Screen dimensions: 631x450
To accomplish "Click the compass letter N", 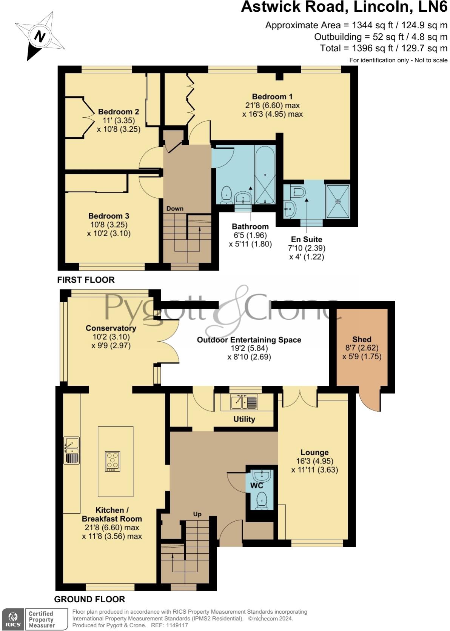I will [40, 36].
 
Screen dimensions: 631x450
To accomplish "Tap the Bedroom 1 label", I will [272, 97].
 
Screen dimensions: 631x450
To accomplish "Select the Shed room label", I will [362, 339].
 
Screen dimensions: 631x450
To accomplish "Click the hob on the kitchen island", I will [112, 461].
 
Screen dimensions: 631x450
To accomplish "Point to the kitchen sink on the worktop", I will [72, 446].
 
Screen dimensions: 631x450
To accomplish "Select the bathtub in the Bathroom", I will [265, 175].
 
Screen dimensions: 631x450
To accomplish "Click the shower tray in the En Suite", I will [338, 202].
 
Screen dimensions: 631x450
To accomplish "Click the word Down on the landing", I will [175, 208].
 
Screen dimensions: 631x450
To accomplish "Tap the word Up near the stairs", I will [197, 514].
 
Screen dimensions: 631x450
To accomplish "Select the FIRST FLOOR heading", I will [86, 280].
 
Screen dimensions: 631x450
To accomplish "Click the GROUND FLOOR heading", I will [89, 599].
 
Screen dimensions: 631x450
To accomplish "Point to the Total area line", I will [384, 48].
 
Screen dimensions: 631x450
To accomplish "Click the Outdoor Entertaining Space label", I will [249, 340].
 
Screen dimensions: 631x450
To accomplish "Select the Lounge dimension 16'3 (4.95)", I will [314, 461].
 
